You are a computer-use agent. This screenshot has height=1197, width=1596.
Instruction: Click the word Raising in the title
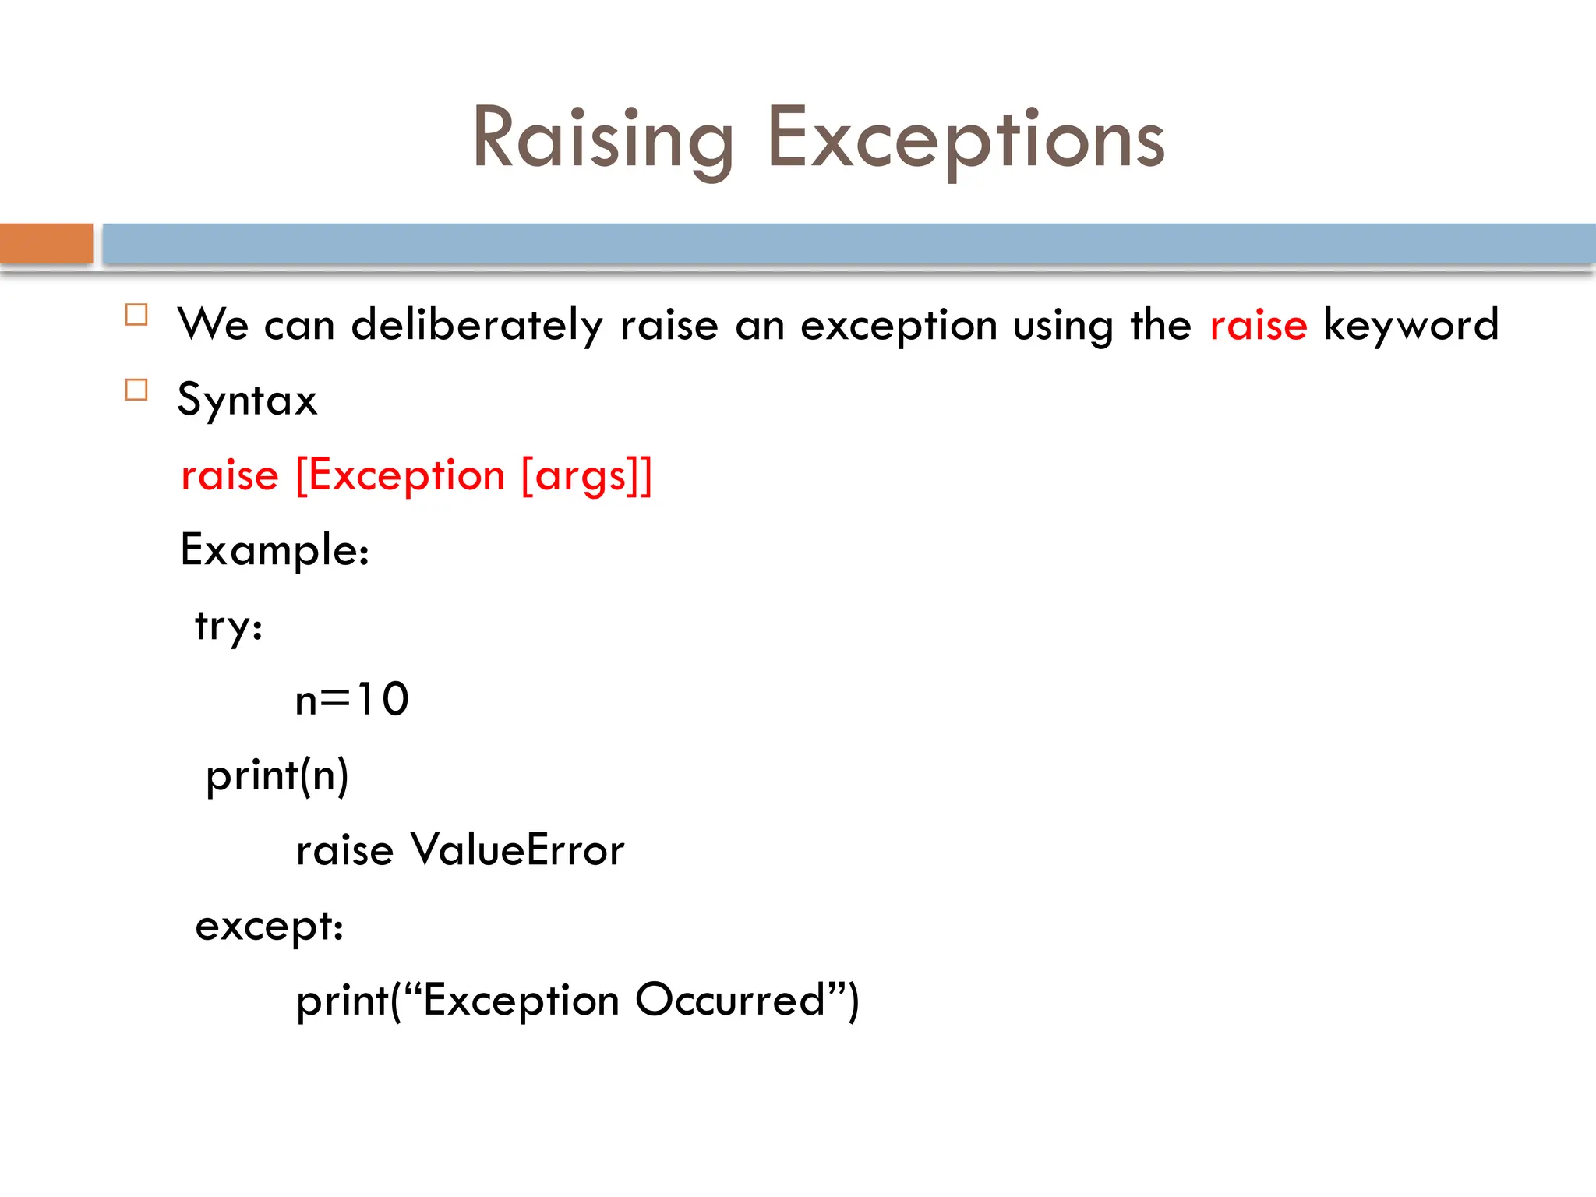tap(602, 139)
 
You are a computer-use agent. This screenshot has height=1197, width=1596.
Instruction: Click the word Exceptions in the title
tap(966, 139)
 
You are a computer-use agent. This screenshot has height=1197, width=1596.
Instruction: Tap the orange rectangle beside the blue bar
tap(46, 243)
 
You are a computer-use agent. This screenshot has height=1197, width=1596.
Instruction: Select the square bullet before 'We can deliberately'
tap(136, 315)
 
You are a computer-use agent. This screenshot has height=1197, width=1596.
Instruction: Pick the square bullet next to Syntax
tap(136, 390)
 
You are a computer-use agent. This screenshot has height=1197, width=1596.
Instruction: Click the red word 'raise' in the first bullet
tap(1258, 325)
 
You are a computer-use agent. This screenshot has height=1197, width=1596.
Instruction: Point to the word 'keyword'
tap(1411, 325)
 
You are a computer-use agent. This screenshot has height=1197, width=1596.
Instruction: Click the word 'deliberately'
tap(477, 325)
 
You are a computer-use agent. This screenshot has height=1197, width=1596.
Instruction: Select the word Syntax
tap(247, 400)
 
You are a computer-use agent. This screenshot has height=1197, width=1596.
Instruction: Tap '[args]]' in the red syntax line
tap(586, 475)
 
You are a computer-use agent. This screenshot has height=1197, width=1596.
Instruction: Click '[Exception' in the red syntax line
tap(400, 475)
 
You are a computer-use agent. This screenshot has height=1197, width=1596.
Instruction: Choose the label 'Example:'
tap(274, 550)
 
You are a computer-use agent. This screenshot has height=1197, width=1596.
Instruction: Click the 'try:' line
tap(228, 626)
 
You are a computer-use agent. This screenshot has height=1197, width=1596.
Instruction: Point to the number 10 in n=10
tap(383, 699)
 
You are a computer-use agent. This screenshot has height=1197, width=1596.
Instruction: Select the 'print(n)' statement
tap(277, 775)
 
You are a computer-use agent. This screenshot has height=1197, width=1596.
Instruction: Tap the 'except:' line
tap(269, 926)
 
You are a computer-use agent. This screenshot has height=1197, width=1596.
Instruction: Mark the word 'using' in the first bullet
tap(1063, 325)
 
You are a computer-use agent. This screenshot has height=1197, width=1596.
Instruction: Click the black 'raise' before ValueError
tap(344, 849)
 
